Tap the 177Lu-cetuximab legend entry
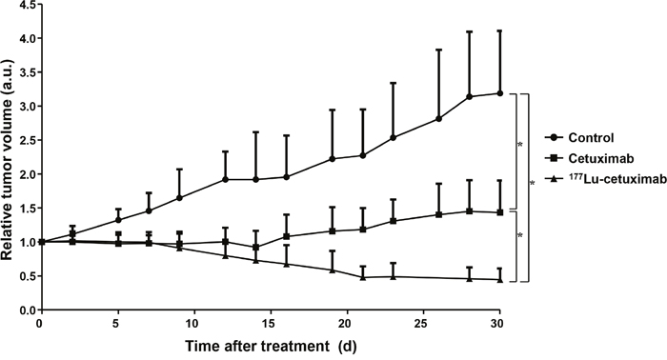(606, 179)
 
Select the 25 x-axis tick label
(423, 324)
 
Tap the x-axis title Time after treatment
(257, 347)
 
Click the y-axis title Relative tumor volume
(8, 160)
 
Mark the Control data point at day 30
(500, 93)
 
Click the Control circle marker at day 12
(225, 179)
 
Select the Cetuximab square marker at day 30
(500, 212)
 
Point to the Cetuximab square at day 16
(286, 236)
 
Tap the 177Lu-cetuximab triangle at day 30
(500, 280)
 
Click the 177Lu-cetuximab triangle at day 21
(363, 277)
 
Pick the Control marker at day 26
(438, 119)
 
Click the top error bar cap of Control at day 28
(469, 31)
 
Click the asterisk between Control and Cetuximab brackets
(520, 145)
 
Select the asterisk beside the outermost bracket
(532, 183)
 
